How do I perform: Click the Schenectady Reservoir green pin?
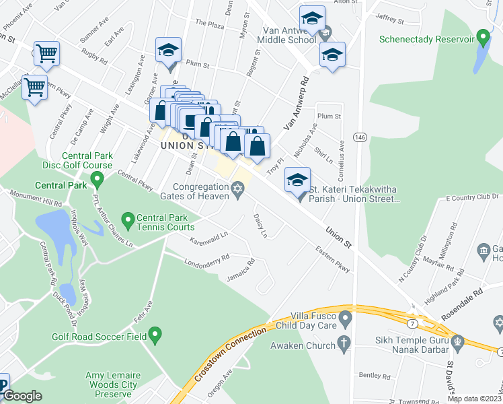[482, 36]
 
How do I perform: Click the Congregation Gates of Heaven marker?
[237, 191]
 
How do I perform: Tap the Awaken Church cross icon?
[344, 345]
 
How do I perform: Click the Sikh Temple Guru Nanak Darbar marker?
[457, 341]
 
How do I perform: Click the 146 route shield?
[361, 137]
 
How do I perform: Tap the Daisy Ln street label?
[260, 226]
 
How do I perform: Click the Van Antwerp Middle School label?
[279, 34]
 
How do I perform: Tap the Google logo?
[23, 396]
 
